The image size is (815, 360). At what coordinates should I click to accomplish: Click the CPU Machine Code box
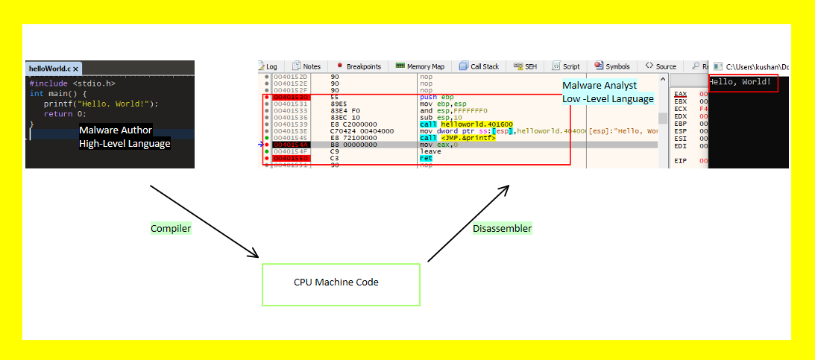pos(341,284)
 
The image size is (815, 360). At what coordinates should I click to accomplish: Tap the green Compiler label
pos(171,229)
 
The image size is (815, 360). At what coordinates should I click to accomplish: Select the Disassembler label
pos(502,229)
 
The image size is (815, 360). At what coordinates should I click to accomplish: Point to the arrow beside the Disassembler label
pos(468,223)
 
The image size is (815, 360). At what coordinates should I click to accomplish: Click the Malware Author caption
pos(116,130)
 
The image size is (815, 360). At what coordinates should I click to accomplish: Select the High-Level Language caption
pos(125,143)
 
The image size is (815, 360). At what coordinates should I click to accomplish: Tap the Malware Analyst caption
pos(600,86)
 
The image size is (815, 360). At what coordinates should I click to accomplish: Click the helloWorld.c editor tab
pos(49,68)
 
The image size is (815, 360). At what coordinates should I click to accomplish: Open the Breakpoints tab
pos(359,66)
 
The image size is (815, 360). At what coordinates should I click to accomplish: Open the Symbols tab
pos(612,66)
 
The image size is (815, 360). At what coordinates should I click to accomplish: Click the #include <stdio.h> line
pos(72,83)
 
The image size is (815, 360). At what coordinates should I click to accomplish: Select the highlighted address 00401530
pos(291,97)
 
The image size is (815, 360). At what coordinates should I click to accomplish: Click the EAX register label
pos(680,94)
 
